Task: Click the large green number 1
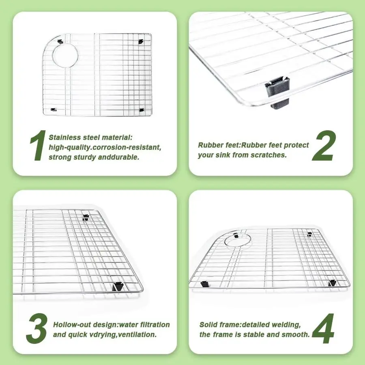[x=38, y=145]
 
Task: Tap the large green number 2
[x=324, y=146]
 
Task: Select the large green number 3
[x=37, y=328]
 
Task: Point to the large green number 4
[x=323, y=328]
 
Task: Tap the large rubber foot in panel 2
[x=278, y=92]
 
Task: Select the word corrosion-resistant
[x=128, y=147]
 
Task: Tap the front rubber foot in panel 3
[x=118, y=287]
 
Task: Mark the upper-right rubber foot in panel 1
[x=140, y=42]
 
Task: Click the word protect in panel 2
[x=296, y=145]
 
